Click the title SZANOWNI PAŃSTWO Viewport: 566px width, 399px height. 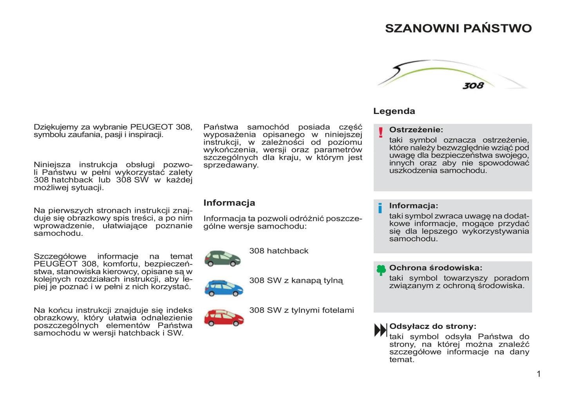pos(458,29)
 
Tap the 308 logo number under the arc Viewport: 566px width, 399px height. pos(473,85)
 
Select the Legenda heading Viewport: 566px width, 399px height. pos(394,111)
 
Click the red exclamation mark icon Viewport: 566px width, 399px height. pos(380,132)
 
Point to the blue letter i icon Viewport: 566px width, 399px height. pos(380,208)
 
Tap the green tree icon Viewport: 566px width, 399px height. pos(381,270)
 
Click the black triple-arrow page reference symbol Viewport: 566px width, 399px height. pos(380,330)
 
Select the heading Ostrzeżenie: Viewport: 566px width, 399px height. pos(416,130)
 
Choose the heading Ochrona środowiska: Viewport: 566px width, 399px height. pos(436,268)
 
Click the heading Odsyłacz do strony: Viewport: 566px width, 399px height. pos(432,326)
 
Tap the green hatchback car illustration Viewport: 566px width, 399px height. pos(222,258)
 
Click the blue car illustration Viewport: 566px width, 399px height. pos(224,288)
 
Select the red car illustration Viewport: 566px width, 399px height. pos(224,318)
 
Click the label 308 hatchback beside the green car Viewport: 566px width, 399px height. pos(278,251)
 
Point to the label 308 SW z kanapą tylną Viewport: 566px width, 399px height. pos(296,281)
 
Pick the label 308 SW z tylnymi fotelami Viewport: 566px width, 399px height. pos(301,310)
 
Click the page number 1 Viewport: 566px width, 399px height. pos(539,374)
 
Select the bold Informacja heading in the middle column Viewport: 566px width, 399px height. pos(229,203)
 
